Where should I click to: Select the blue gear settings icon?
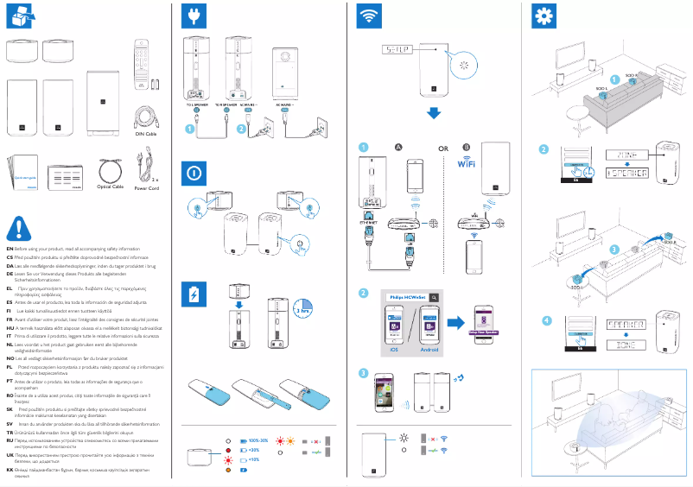[x=544, y=16]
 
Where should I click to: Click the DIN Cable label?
[x=145, y=134]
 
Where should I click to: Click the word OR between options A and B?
[x=443, y=149]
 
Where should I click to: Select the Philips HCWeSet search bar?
[x=405, y=296]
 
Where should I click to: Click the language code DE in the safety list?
[x=10, y=273]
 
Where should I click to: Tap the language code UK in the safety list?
[x=10, y=452]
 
